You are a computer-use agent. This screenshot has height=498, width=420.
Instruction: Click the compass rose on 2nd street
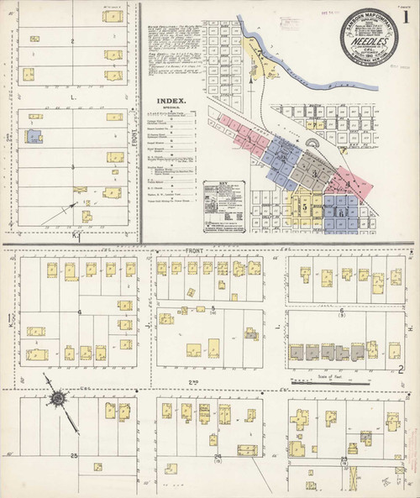click(58, 397)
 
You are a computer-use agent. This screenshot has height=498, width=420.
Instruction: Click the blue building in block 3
click(34, 136)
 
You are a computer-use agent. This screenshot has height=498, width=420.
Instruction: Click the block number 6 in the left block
click(80, 312)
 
